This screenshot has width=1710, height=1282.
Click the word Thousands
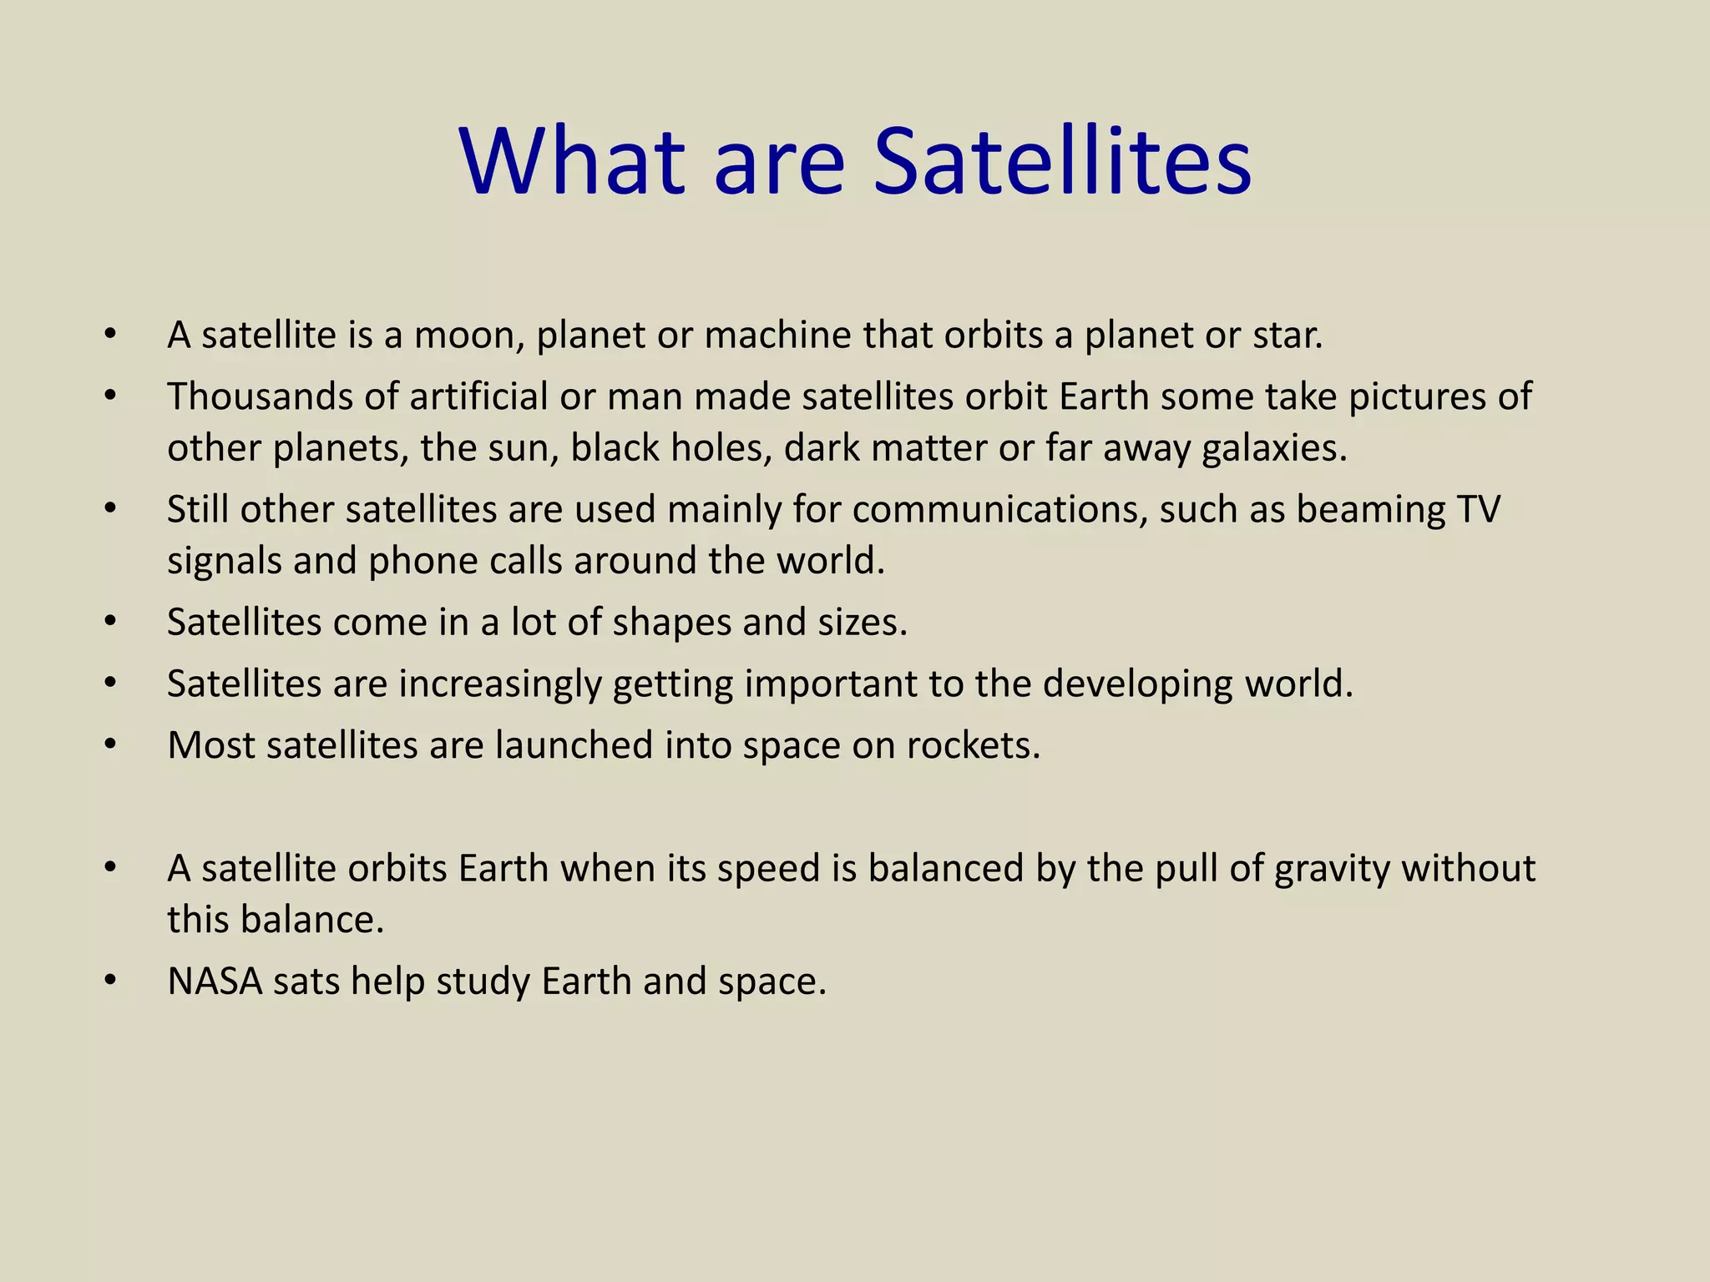pos(260,396)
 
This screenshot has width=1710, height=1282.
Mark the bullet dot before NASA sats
pos(110,982)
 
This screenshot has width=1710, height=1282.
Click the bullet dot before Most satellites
pos(110,745)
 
